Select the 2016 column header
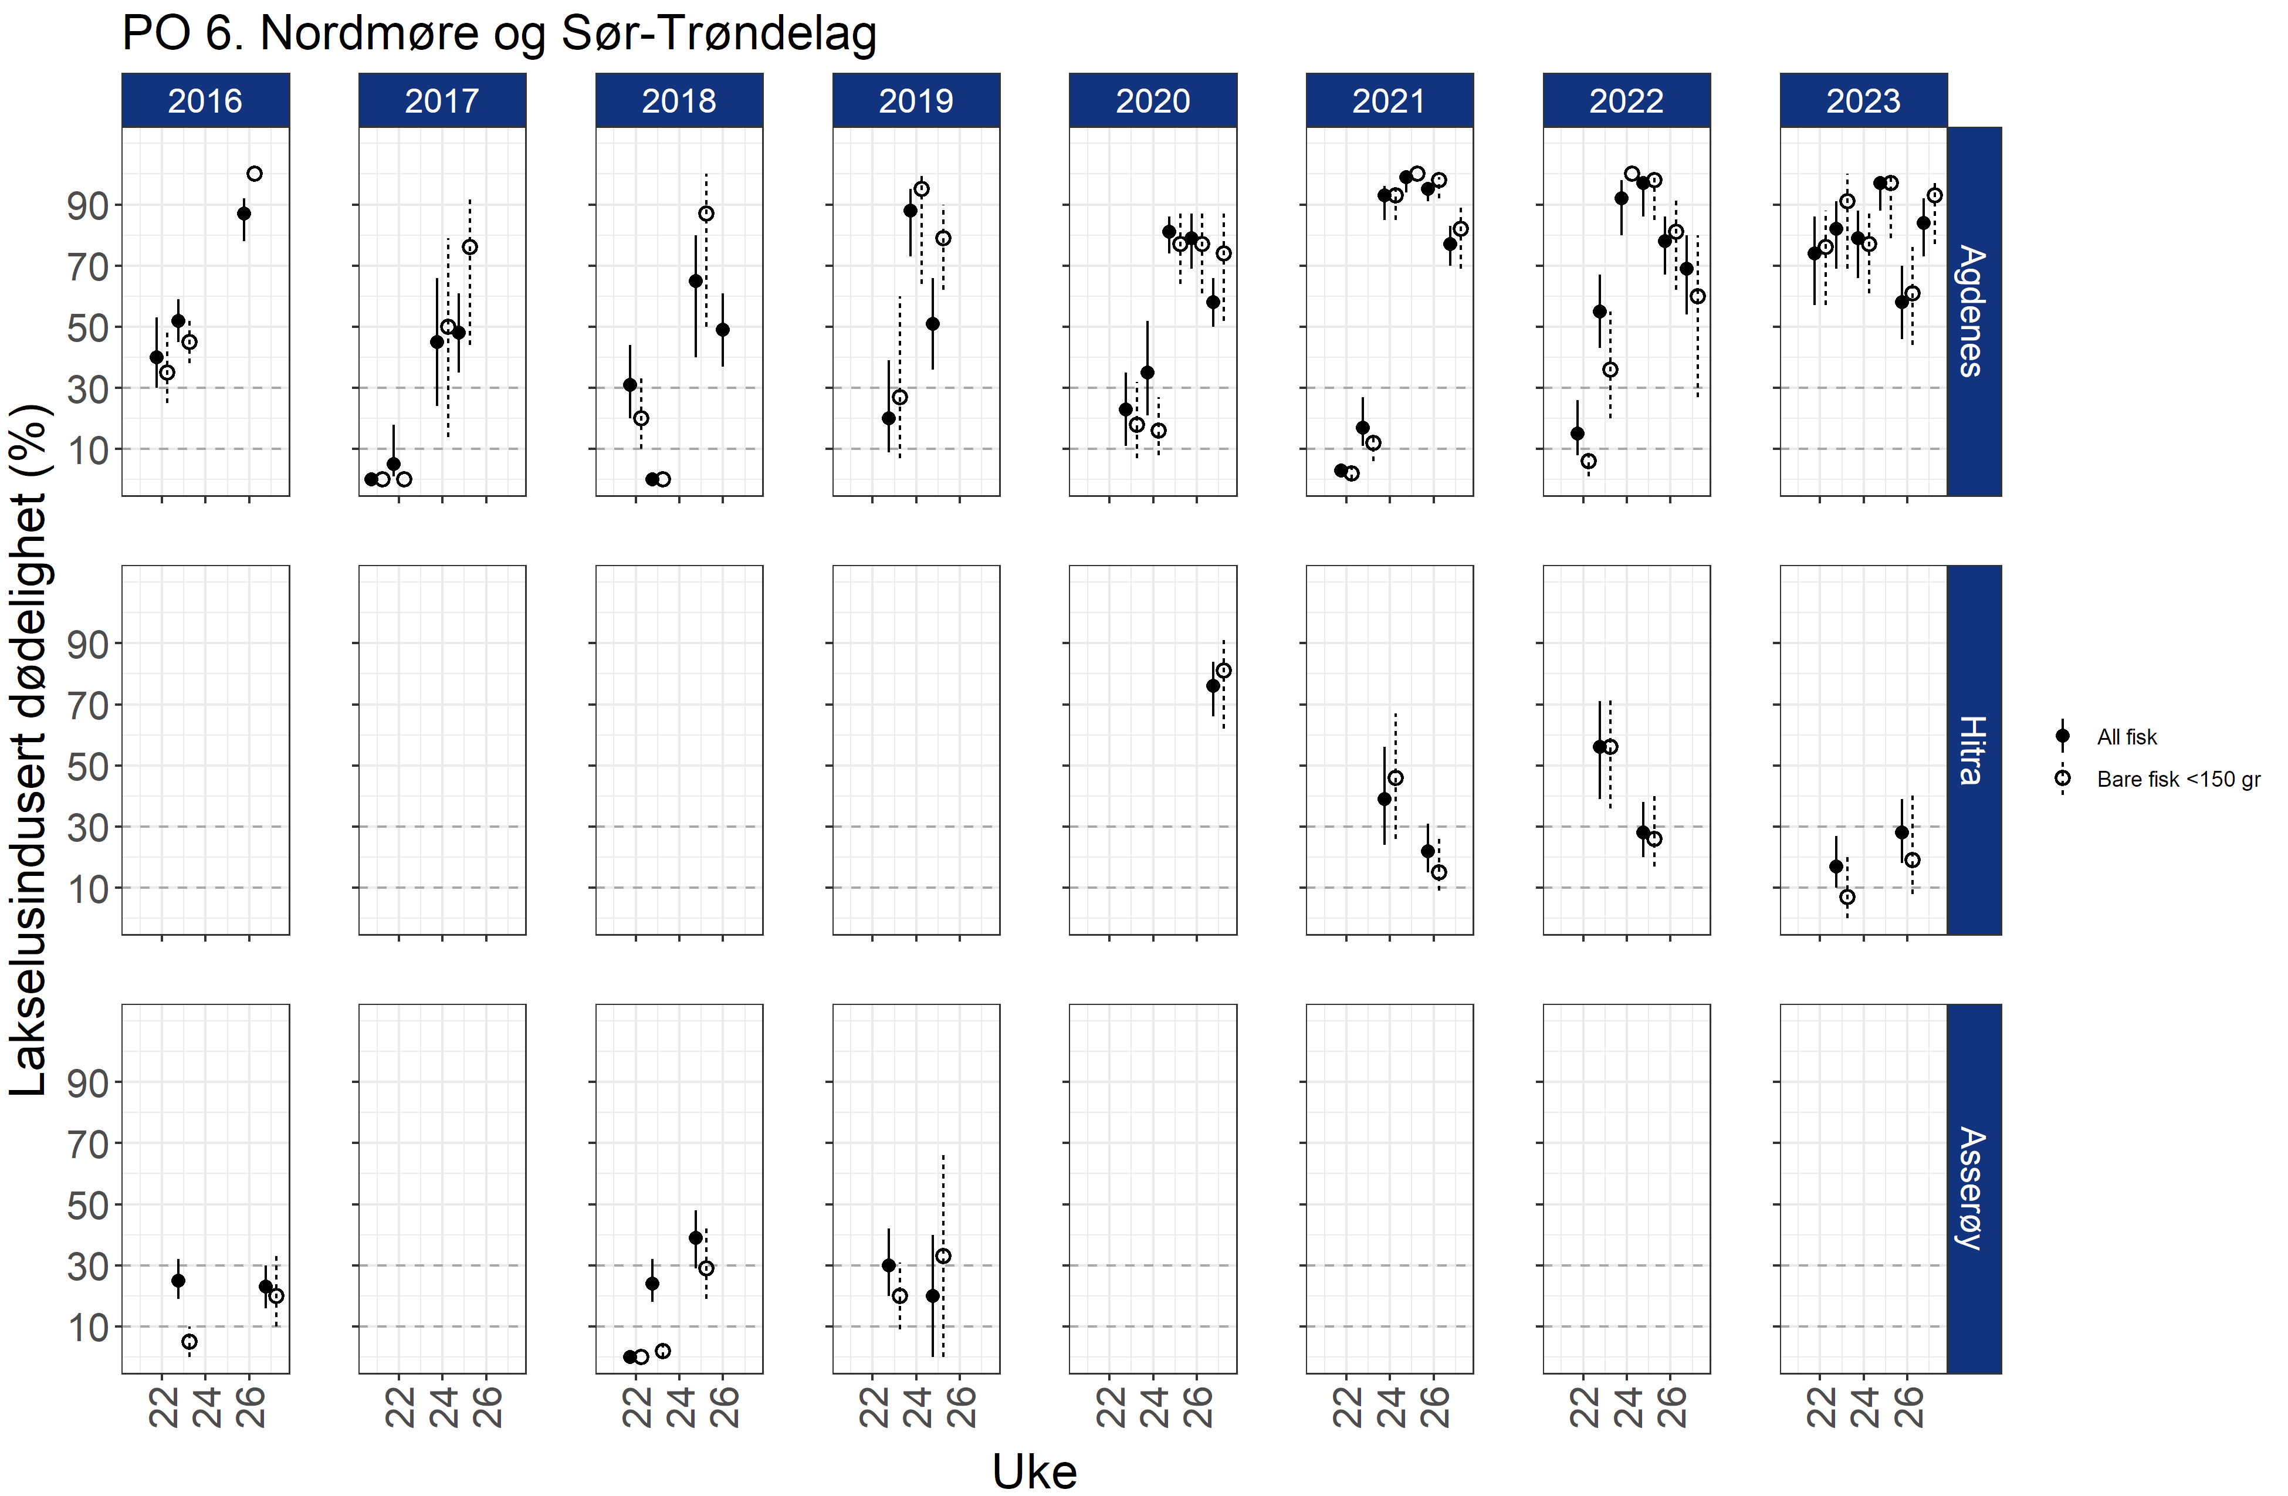click(205, 100)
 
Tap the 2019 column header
click(915, 100)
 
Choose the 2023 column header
click(1863, 100)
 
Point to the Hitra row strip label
click(1973, 750)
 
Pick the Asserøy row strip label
click(1973, 1189)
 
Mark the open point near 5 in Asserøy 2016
click(189, 1341)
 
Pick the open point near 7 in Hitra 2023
click(1847, 897)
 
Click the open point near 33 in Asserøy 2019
click(943, 1257)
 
